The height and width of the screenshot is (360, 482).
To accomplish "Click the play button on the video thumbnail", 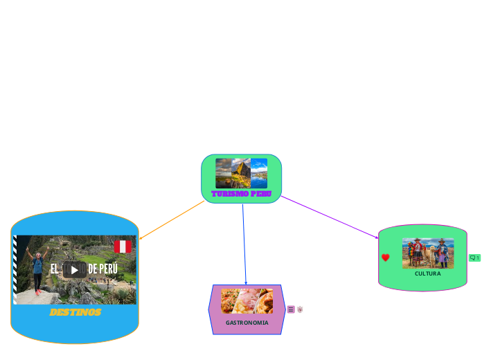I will pyautogui.click(x=75, y=269).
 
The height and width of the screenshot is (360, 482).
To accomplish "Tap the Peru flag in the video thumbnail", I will pyautogui.click(x=123, y=246).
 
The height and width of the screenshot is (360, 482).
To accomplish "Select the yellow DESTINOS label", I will pyautogui.click(x=75, y=312).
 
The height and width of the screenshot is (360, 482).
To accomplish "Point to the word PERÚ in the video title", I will pyautogui.click(x=108, y=269).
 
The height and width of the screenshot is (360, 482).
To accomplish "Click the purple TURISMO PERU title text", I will pyautogui.click(x=242, y=193).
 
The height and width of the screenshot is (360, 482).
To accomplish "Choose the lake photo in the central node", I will pyautogui.click(x=259, y=173).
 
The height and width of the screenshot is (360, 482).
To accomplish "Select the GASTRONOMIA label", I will pyautogui.click(x=247, y=323).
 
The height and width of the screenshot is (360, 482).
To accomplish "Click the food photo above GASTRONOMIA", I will pyautogui.click(x=247, y=301).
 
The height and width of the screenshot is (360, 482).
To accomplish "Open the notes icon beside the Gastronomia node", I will pyautogui.click(x=291, y=309).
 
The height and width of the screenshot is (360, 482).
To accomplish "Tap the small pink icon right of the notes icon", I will pyautogui.click(x=300, y=309).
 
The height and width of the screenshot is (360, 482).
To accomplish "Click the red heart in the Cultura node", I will pyautogui.click(x=386, y=258).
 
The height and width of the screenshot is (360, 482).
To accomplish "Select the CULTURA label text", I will pyautogui.click(x=427, y=273).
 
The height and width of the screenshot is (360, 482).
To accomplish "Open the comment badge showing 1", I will pyautogui.click(x=474, y=258).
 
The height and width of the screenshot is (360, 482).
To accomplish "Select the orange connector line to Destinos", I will pyautogui.click(x=173, y=220).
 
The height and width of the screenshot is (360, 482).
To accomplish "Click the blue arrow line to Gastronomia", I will pyautogui.click(x=244, y=242).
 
